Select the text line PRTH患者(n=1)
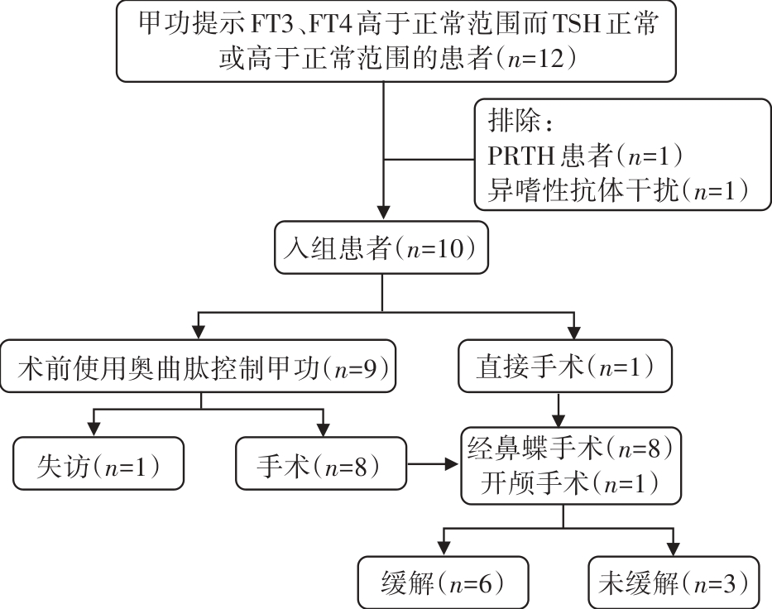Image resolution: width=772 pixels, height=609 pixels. tap(585, 155)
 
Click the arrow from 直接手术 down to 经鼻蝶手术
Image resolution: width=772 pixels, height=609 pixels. tap(561, 408)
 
